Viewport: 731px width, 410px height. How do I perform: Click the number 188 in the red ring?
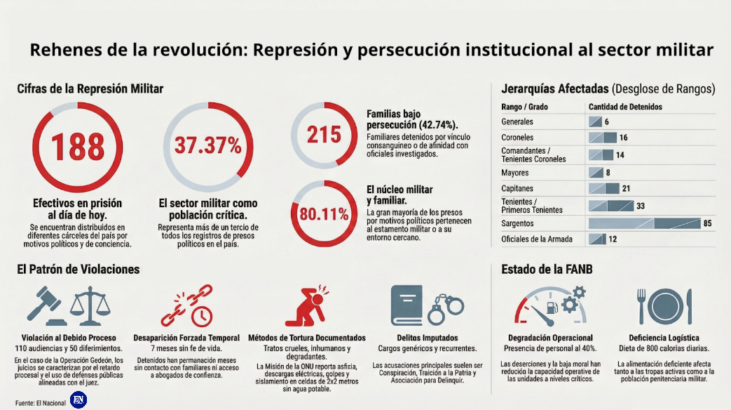point(77,147)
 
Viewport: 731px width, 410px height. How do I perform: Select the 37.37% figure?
point(207,146)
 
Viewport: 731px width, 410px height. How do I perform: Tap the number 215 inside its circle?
point(323,134)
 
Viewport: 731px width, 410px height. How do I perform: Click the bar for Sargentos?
point(644,223)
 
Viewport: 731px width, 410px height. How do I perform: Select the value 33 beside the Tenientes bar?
point(640,206)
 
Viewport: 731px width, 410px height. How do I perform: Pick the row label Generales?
point(517,121)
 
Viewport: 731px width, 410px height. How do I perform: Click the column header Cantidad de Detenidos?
point(625,107)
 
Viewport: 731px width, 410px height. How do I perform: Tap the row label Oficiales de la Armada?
point(537,239)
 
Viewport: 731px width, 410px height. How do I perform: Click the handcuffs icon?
point(446,304)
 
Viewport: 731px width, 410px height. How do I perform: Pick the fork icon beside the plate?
point(641,305)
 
